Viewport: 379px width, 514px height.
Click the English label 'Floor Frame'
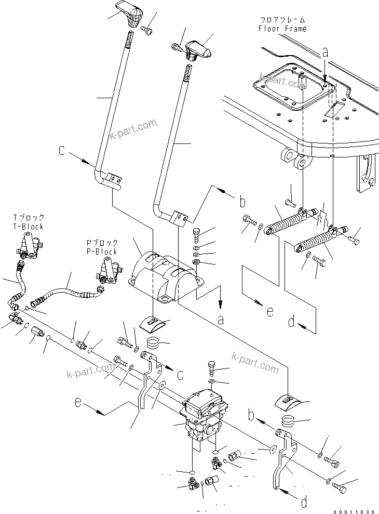point(282,29)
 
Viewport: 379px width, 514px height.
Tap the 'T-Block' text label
point(29,227)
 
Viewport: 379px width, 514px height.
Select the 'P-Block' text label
point(102,252)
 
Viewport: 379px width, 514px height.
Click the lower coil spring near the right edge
point(316,240)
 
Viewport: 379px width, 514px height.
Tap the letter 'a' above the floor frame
point(325,51)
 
